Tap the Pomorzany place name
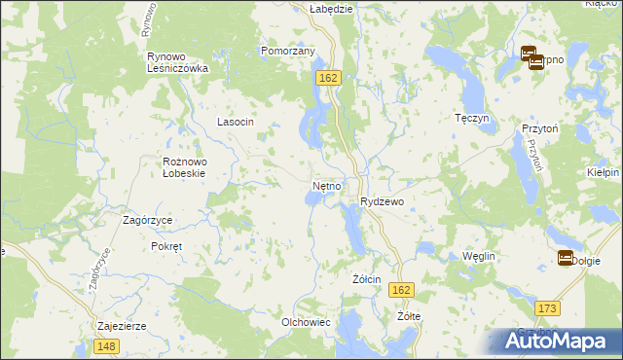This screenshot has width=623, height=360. [x=287, y=51]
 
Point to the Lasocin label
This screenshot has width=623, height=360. [x=235, y=122]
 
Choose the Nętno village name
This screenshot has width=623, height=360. [x=326, y=184]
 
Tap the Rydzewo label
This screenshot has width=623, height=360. [x=388, y=200]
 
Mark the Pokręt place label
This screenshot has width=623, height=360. [x=166, y=246]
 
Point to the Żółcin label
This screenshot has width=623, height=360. [x=365, y=278]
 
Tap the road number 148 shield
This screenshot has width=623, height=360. [x=107, y=346]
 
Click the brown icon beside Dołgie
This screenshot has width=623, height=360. [x=565, y=258]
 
